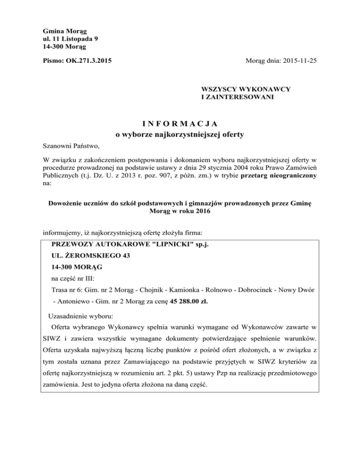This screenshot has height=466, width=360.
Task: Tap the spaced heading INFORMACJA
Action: pyautogui.click(x=180, y=124)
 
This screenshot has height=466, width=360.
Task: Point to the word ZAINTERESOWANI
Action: pyautogui.click(x=237, y=98)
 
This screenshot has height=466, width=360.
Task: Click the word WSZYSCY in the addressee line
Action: pyautogui.click(x=218, y=89)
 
